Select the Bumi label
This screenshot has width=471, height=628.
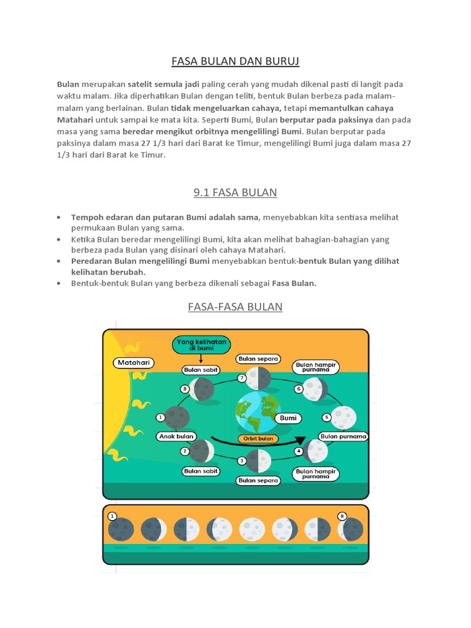[288, 418]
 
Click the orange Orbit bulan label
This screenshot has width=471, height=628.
[258, 438]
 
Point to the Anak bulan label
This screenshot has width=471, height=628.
[176, 436]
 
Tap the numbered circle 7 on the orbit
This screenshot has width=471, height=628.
[242, 378]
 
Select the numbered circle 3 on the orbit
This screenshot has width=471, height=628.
[242, 461]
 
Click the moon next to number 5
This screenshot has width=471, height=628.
[343, 417]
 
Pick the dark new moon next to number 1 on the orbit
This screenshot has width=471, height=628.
[177, 418]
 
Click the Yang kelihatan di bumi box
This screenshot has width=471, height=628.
[201, 345]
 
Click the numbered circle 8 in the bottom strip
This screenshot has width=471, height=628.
[342, 516]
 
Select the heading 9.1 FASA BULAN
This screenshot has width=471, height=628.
[235, 193]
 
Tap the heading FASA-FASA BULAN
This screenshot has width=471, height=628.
[235, 307]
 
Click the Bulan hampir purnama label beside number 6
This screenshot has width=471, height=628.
[316, 366]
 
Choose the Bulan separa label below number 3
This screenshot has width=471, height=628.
[258, 481]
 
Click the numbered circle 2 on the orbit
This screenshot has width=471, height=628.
[185, 451]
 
